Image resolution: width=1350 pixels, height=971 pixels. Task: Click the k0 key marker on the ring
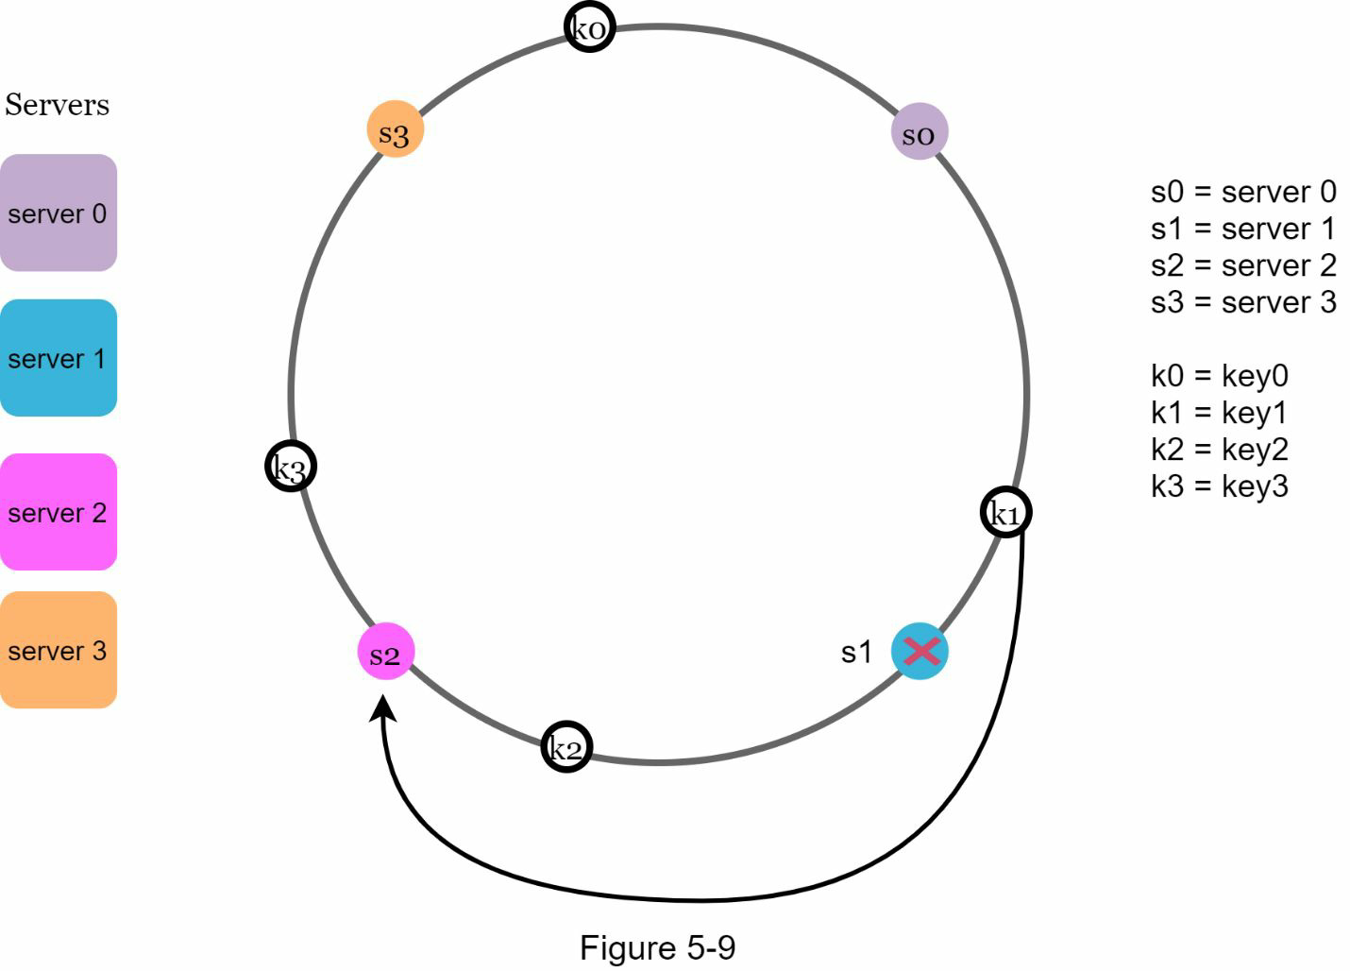[x=589, y=27]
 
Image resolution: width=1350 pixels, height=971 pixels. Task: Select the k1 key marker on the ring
[x=1005, y=513]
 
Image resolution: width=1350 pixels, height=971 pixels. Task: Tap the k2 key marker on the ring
[x=566, y=747]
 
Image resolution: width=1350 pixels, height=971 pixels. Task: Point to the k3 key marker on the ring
[x=290, y=466]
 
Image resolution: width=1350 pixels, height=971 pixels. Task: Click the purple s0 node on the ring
[x=919, y=132]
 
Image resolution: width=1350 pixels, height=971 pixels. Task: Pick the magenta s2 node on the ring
[x=385, y=652]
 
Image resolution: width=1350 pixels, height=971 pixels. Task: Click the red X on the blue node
[x=920, y=651]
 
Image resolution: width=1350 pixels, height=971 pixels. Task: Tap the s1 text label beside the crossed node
[x=856, y=652]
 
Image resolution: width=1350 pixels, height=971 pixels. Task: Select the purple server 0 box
[x=58, y=213]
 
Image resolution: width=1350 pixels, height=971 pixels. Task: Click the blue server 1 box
[x=58, y=358]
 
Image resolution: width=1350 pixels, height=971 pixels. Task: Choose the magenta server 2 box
[x=58, y=512]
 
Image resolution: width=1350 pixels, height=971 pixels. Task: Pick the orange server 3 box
[x=58, y=650]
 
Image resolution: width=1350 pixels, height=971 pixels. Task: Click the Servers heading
[x=57, y=105]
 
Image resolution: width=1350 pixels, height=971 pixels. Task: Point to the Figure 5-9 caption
[x=657, y=947]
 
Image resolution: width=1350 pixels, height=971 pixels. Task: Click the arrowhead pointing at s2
[x=383, y=708]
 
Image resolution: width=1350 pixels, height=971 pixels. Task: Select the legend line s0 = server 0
[x=1242, y=192]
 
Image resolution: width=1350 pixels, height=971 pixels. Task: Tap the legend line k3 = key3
[x=1219, y=485]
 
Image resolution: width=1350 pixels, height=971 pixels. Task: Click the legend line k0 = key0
[x=1219, y=375]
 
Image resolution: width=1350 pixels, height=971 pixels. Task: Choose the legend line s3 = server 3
[x=1242, y=302]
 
